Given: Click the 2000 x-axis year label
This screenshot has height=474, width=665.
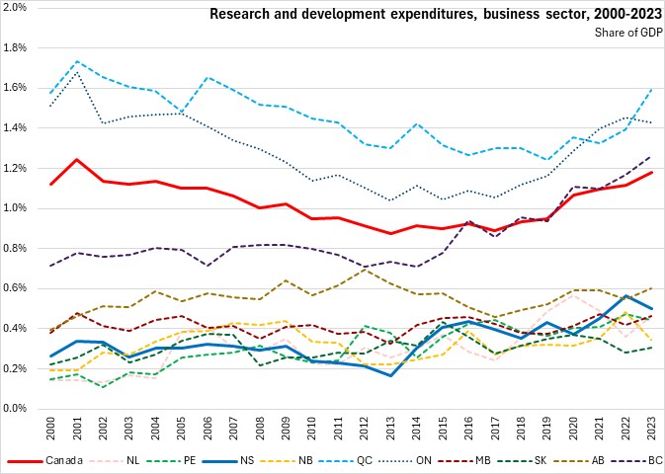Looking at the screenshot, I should pos(50,430).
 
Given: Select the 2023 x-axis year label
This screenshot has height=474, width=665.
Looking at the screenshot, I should pos(652,430).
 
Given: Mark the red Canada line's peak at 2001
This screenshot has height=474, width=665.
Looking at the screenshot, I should pos(77,159).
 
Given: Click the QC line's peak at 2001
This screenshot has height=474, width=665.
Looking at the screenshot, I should pos(77,61).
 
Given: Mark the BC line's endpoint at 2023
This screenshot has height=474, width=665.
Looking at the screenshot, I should pos(652,156).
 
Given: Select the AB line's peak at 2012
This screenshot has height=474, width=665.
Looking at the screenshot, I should pos(365,269).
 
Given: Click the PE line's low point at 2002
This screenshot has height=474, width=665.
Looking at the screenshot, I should pos(103,386).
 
